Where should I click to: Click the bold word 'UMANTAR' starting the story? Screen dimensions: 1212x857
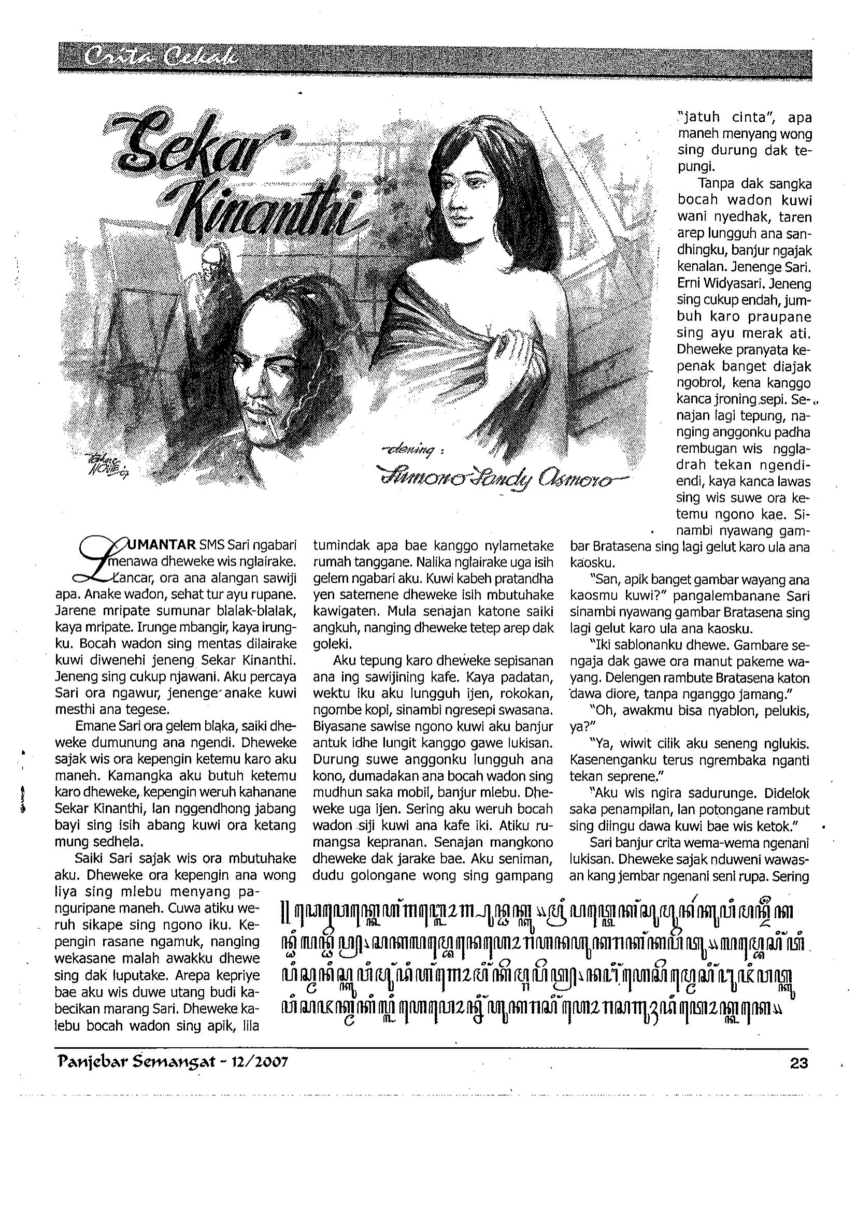coord(156,545)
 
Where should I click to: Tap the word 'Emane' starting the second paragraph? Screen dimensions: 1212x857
coord(91,727)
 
